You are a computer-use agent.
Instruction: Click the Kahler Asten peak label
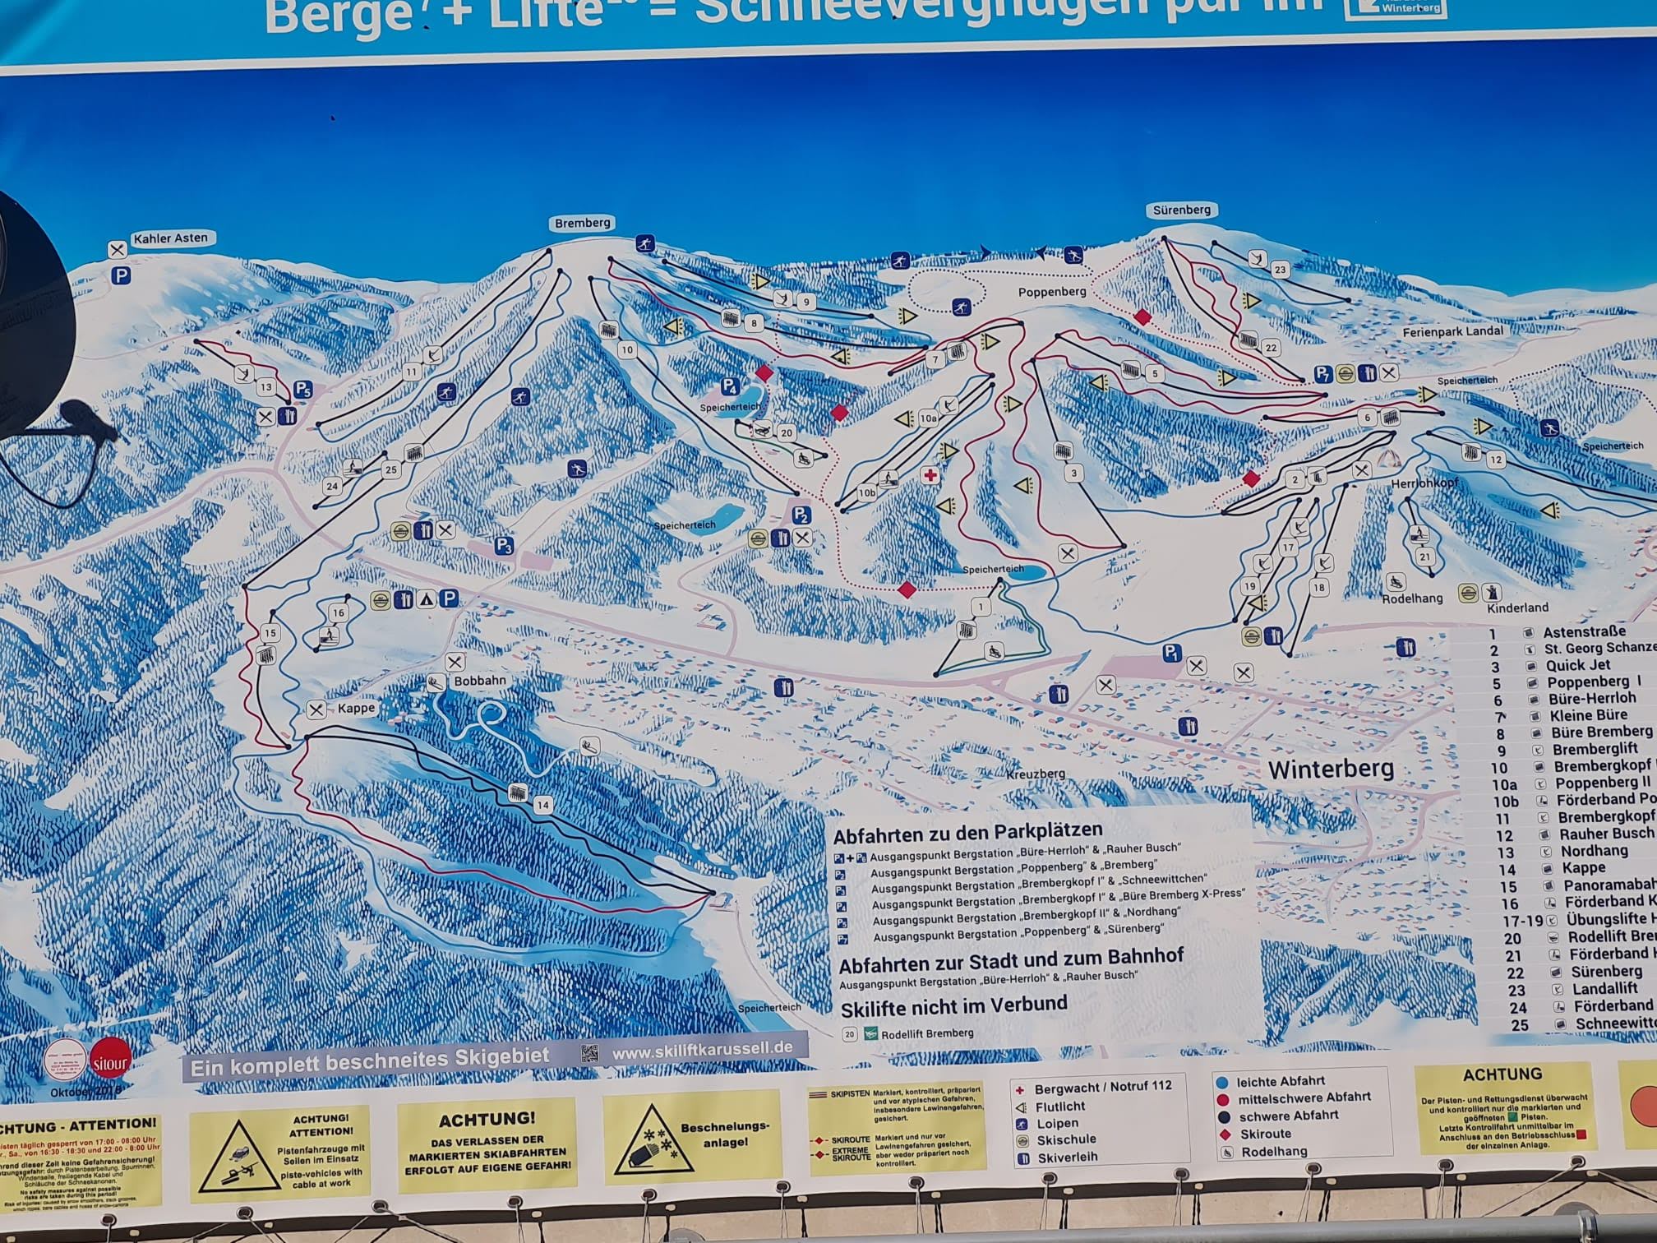[x=170, y=238]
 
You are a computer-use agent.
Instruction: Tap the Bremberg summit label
[x=582, y=223]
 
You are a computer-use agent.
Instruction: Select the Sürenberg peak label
[x=1181, y=210]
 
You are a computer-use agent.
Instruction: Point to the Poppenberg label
[x=1052, y=292]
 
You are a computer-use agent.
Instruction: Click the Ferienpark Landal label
[x=1452, y=331]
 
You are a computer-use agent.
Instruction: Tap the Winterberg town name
[x=1331, y=769]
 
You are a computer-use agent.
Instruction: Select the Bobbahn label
[x=480, y=681]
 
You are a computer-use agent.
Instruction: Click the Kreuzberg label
[x=1036, y=774]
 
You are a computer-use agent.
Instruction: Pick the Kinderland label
[x=1517, y=608]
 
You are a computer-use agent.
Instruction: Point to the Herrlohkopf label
[x=1424, y=484]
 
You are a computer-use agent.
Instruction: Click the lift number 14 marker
[x=542, y=805]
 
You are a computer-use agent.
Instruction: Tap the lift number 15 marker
[x=270, y=633]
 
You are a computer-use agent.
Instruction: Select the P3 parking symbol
[x=503, y=546]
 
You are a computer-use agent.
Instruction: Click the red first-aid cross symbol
[x=930, y=475]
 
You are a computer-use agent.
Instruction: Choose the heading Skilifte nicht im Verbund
[x=953, y=1005]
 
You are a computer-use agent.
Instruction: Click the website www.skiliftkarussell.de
[x=702, y=1048]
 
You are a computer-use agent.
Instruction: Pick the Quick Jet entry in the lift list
[x=1577, y=665]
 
